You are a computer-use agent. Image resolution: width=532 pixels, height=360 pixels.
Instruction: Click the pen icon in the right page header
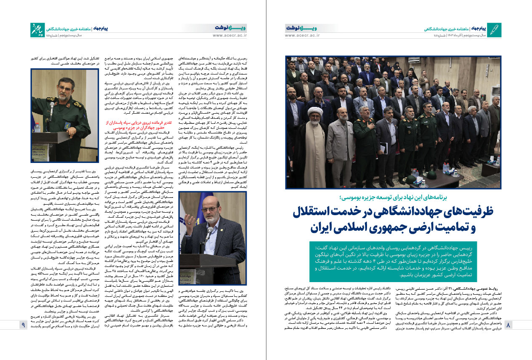[495, 30]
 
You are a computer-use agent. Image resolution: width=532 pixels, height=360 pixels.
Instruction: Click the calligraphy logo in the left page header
[37, 30]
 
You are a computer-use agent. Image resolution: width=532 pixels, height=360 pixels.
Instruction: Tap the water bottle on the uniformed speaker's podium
[37, 127]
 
